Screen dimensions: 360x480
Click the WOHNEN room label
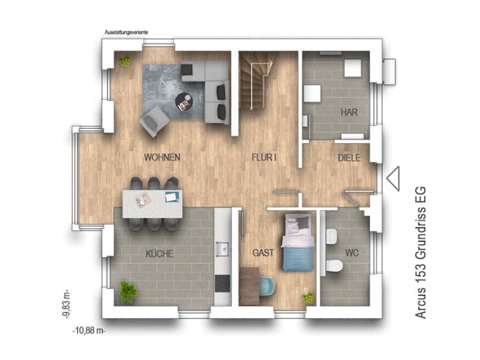162,158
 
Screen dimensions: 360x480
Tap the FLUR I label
264,158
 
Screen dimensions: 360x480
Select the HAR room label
349,112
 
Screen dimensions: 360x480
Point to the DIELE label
349,158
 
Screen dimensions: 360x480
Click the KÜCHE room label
160,253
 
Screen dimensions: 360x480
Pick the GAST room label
262,253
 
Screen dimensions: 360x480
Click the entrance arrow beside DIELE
393,178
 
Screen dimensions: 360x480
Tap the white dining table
152,202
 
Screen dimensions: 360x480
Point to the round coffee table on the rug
184,101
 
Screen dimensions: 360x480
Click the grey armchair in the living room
154,120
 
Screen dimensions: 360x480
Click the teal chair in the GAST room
268,286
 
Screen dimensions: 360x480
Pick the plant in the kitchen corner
129,291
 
